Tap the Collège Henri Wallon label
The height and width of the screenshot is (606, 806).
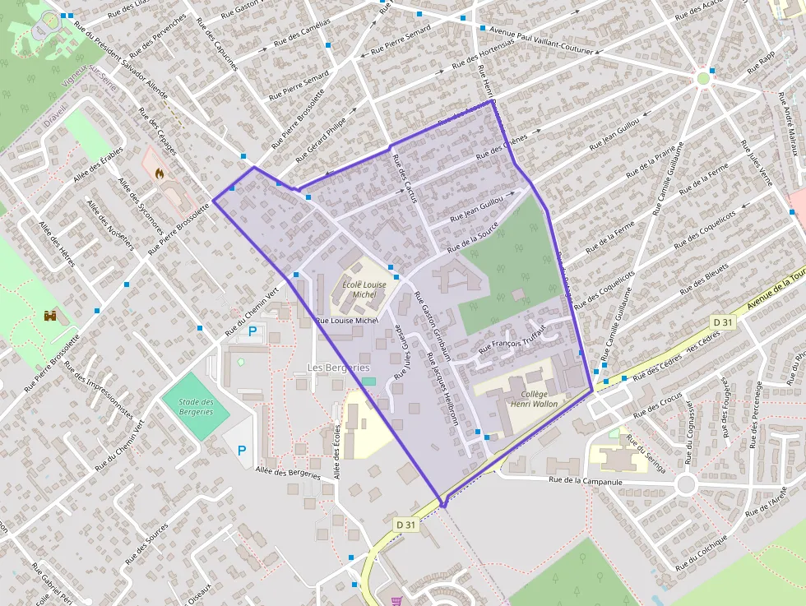pyautogui.click(x=534, y=399)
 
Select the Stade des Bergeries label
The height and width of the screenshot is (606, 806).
pyautogui.click(x=197, y=406)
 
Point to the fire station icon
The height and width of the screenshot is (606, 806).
pyautogui.click(x=159, y=173)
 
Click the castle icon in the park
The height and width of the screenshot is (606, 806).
pyautogui.click(x=51, y=315)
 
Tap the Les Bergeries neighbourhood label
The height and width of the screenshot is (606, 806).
pyautogui.click(x=338, y=367)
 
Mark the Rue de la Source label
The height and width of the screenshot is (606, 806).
pyautogui.click(x=475, y=237)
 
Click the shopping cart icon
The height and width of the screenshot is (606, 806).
pyautogui.click(x=396, y=600)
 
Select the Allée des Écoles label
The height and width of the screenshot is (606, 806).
pyautogui.click(x=337, y=452)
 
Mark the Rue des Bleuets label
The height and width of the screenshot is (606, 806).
pyautogui.click(x=704, y=278)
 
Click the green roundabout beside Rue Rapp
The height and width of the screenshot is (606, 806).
pyautogui.click(x=702, y=79)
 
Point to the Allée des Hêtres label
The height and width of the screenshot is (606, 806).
pyautogui.click(x=57, y=244)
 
